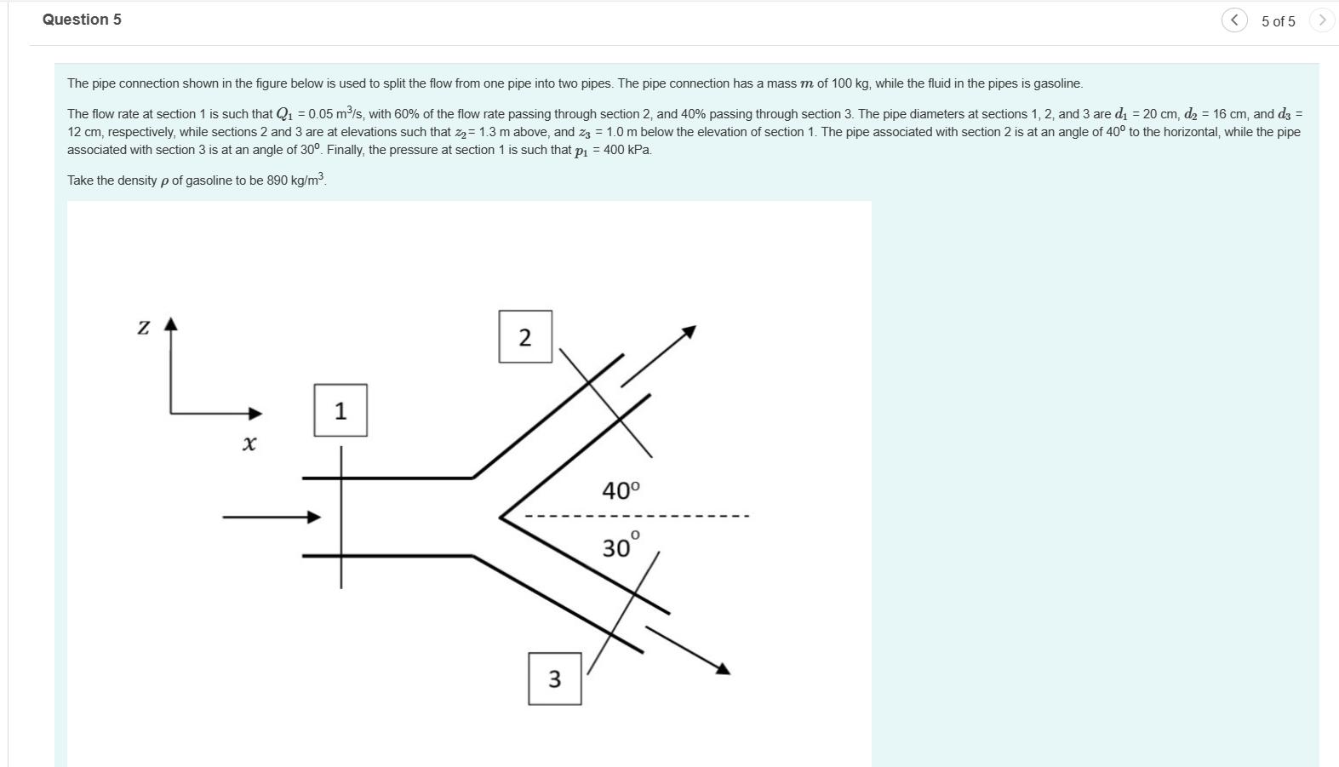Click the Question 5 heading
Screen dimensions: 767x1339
pyautogui.click(x=82, y=20)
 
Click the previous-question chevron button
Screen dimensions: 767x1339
pyautogui.click(x=1234, y=20)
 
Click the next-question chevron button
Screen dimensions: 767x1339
pyautogui.click(x=1321, y=20)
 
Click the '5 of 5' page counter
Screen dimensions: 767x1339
pyautogui.click(x=1278, y=21)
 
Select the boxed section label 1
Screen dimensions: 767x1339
pyautogui.click(x=340, y=410)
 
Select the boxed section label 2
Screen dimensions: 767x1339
pyautogui.click(x=525, y=337)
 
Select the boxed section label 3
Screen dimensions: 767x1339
pyautogui.click(x=555, y=678)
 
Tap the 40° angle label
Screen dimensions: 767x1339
pyautogui.click(x=621, y=490)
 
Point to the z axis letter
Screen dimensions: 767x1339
pyautogui.click(x=143, y=328)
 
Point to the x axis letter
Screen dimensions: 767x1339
pyautogui.click(x=249, y=444)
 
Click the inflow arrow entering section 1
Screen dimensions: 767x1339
pyautogui.click(x=272, y=517)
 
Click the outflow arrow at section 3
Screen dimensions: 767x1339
pyautogui.click(x=687, y=650)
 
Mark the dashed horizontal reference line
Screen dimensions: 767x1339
pyautogui.click(x=638, y=515)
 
